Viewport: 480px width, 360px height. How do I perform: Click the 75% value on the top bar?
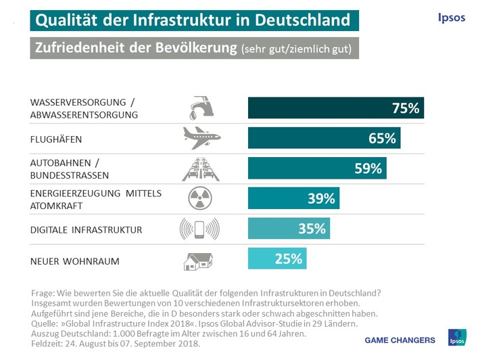point(406,108)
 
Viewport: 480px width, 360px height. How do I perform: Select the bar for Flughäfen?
point(325,139)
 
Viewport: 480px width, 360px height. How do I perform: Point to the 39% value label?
point(321,198)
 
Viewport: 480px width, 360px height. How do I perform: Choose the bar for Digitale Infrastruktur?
point(288,228)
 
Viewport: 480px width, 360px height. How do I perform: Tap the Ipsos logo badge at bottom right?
point(457,337)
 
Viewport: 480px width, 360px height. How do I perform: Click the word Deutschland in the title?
point(301,20)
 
